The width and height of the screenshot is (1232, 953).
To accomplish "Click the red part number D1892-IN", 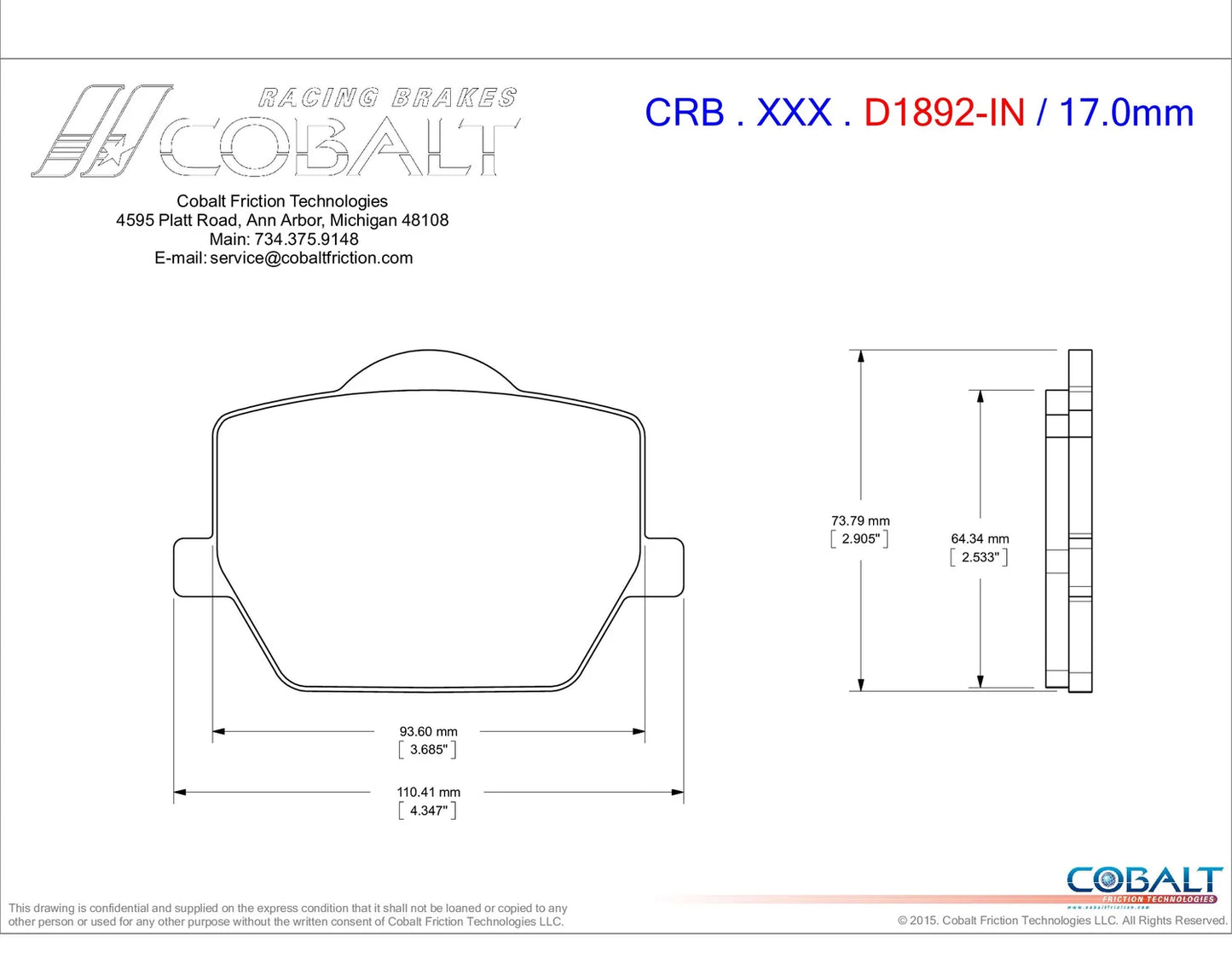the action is pos(944,113).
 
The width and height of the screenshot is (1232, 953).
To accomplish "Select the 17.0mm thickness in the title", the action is pos(1126,113).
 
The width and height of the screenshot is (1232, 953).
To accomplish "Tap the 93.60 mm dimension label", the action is pos(428,732).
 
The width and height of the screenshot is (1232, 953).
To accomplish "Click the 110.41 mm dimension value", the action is pos(428,792).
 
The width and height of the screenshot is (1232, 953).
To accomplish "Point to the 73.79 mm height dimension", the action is pos(860,520).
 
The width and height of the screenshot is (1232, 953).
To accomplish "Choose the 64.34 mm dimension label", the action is pos(980,539).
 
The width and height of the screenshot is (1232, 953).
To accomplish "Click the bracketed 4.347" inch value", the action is pos(428,811).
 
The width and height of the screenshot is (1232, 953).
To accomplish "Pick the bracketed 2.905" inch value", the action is pos(859,539).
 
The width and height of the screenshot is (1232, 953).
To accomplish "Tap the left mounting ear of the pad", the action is pos(194,567).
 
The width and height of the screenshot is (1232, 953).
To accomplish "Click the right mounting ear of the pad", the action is pos(664,567).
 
